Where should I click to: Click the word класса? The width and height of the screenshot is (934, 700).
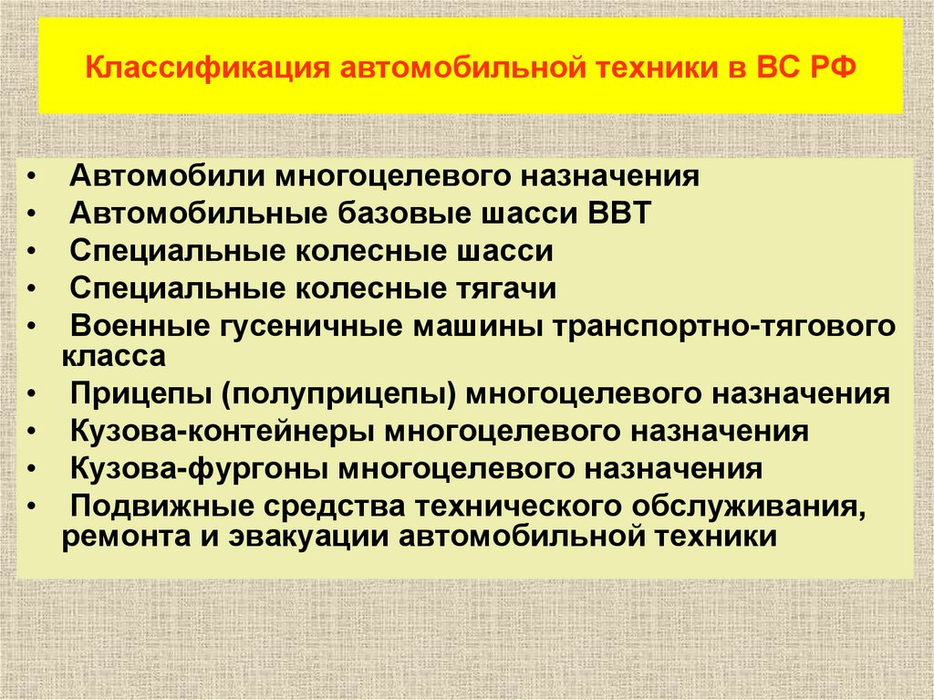(114, 355)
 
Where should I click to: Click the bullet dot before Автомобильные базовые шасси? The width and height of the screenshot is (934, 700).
(33, 214)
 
